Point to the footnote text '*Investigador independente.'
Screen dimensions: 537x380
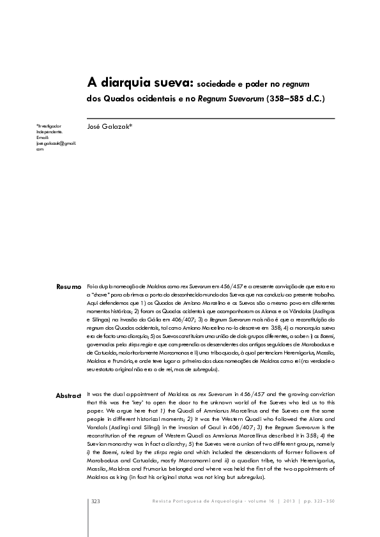coord(49,129)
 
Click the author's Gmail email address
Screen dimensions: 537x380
coord(56,146)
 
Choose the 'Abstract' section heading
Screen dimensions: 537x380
coord(68,396)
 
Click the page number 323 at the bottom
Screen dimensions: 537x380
coord(96,502)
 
